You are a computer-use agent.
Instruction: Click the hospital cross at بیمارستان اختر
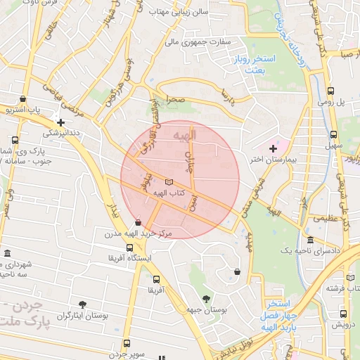273,148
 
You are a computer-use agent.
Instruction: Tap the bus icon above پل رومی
331,91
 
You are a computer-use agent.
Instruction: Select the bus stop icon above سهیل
332,132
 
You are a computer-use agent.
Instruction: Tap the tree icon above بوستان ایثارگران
82,304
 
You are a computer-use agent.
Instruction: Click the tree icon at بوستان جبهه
206,299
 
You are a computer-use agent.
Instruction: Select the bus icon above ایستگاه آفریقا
129,247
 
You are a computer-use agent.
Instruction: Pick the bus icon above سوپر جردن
127,343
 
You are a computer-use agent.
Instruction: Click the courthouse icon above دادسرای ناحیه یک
310,240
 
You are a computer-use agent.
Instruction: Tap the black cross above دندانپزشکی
61,122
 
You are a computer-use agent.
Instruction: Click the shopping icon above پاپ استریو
24,100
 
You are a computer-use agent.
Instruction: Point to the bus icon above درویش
343,314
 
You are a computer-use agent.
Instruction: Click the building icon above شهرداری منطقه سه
7,253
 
